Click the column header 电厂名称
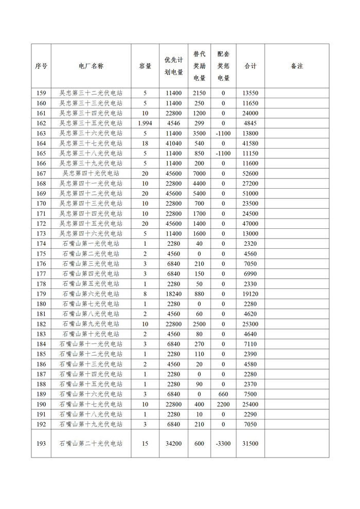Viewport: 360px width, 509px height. point(91,66)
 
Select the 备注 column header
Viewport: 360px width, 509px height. point(297,66)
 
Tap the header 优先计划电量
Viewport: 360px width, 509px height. point(173,66)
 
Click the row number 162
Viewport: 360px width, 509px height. point(41,123)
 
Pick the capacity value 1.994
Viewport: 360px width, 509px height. point(145,123)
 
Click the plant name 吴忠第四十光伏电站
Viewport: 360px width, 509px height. point(91,173)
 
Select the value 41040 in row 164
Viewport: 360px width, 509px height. point(173,143)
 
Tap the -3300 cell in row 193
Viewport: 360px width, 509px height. point(223,444)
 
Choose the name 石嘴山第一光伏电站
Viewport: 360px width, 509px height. point(91,244)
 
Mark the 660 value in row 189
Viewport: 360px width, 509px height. point(223,394)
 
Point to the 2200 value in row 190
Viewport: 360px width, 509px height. point(223,404)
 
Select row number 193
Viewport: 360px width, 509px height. point(41,444)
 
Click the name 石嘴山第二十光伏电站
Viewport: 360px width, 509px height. point(91,444)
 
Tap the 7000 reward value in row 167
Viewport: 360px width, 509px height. point(199,173)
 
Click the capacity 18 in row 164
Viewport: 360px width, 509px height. point(145,143)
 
